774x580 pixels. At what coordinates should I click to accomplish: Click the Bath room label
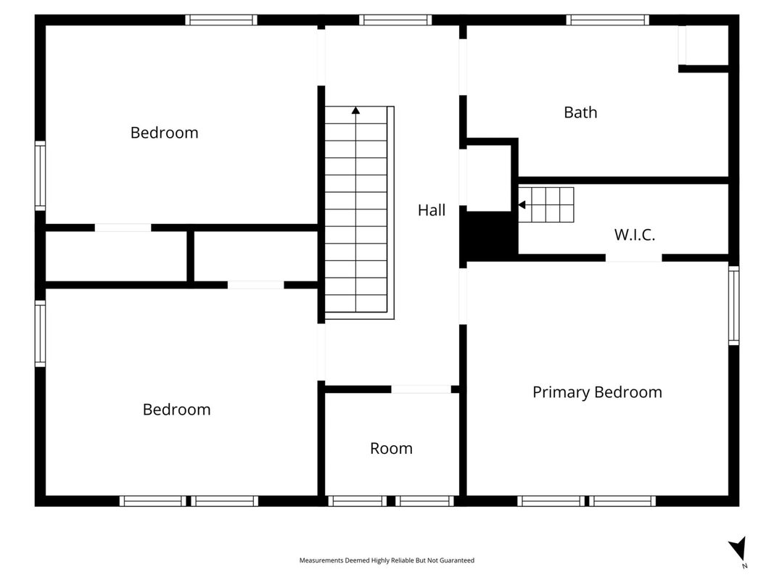(x=580, y=112)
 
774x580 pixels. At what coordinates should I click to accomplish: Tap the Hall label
(x=432, y=210)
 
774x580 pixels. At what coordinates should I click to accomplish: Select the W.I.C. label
(x=634, y=235)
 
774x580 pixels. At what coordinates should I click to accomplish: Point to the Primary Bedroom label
(x=597, y=392)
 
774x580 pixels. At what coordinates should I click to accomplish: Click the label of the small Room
(x=391, y=448)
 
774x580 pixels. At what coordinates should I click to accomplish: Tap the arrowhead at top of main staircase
(x=356, y=110)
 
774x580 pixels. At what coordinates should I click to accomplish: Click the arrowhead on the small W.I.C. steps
(x=522, y=204)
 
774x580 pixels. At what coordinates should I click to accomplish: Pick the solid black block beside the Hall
(x=489, y=235)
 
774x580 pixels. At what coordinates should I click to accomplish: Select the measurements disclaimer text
(x=387, y=560)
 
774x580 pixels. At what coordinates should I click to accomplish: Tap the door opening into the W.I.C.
(x=634, y=258)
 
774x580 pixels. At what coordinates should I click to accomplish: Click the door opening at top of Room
(x=421, y=389)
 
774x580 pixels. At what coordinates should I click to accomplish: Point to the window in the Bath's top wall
(x=608, y=20)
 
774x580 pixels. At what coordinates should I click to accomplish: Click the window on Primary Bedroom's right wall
(x=734, y=305)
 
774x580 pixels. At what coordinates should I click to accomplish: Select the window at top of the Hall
(x=395, y=20)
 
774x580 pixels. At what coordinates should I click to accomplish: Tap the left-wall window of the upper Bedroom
(x=40, y=175)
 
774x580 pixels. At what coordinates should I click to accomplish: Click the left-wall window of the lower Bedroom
(x=40, y=333)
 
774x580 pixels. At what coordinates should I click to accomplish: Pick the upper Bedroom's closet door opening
(x=123, y=228)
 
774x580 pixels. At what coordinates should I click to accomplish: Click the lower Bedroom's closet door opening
(x=255, y=285)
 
